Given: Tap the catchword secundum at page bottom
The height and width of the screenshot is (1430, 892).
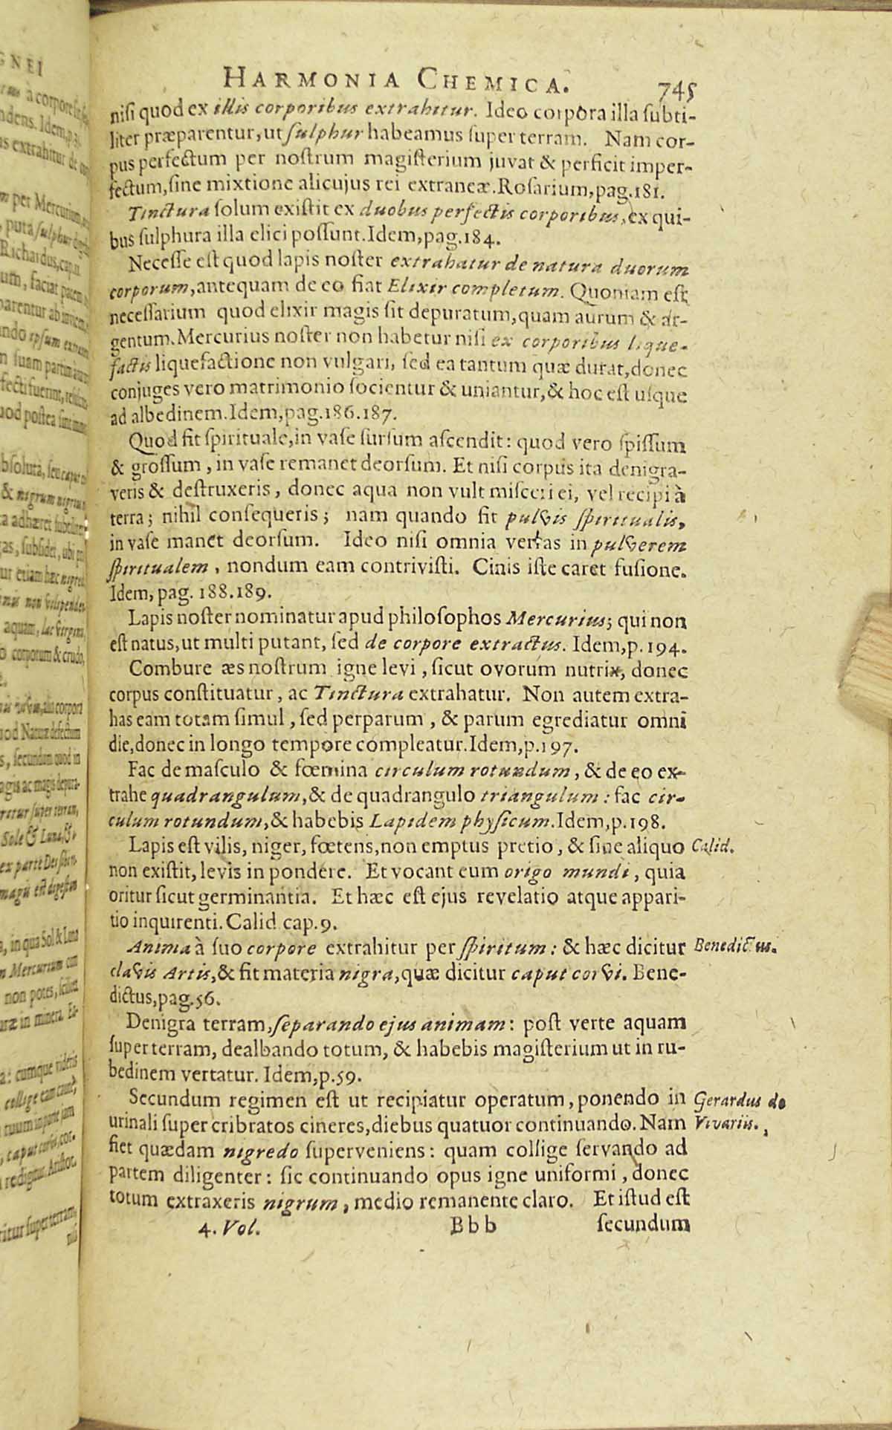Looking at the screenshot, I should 644,1221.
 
